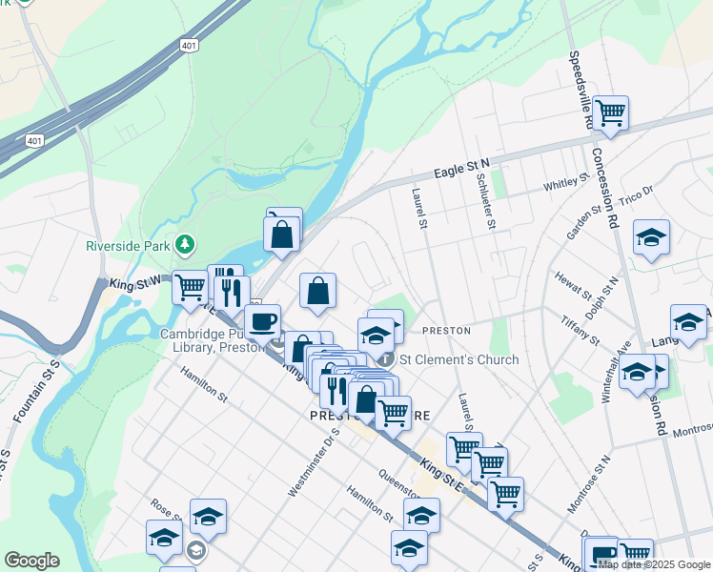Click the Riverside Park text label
129,245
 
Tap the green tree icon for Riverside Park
185,246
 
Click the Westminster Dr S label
314,463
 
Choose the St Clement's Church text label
458,359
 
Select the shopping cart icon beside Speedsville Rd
610,113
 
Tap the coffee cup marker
262,321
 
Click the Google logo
31,561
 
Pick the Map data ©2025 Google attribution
654,564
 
